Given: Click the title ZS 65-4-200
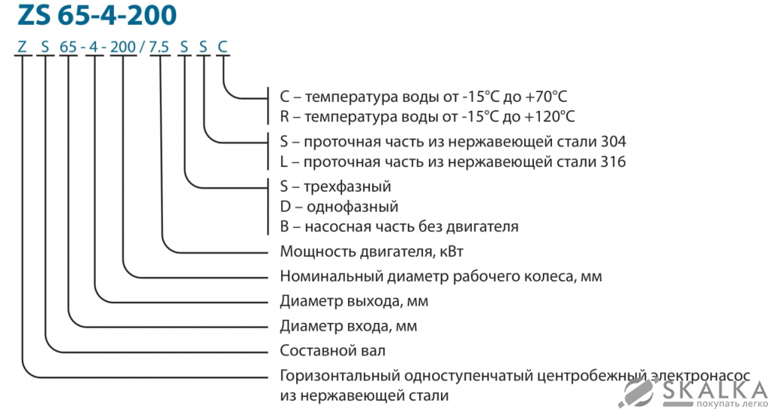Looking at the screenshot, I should tap(94, 16).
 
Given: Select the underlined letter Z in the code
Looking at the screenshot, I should tap(22, 47).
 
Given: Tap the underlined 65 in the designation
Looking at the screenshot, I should tap(68, 47).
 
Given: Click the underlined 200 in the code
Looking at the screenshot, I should tap(122, 47).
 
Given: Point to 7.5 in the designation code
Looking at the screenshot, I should tap(159, 47).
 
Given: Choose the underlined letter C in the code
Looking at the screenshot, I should tap(223, 47).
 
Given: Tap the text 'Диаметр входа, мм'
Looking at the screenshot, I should tap(348, 326).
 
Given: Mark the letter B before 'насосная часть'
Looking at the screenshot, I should tap(284, 226).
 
